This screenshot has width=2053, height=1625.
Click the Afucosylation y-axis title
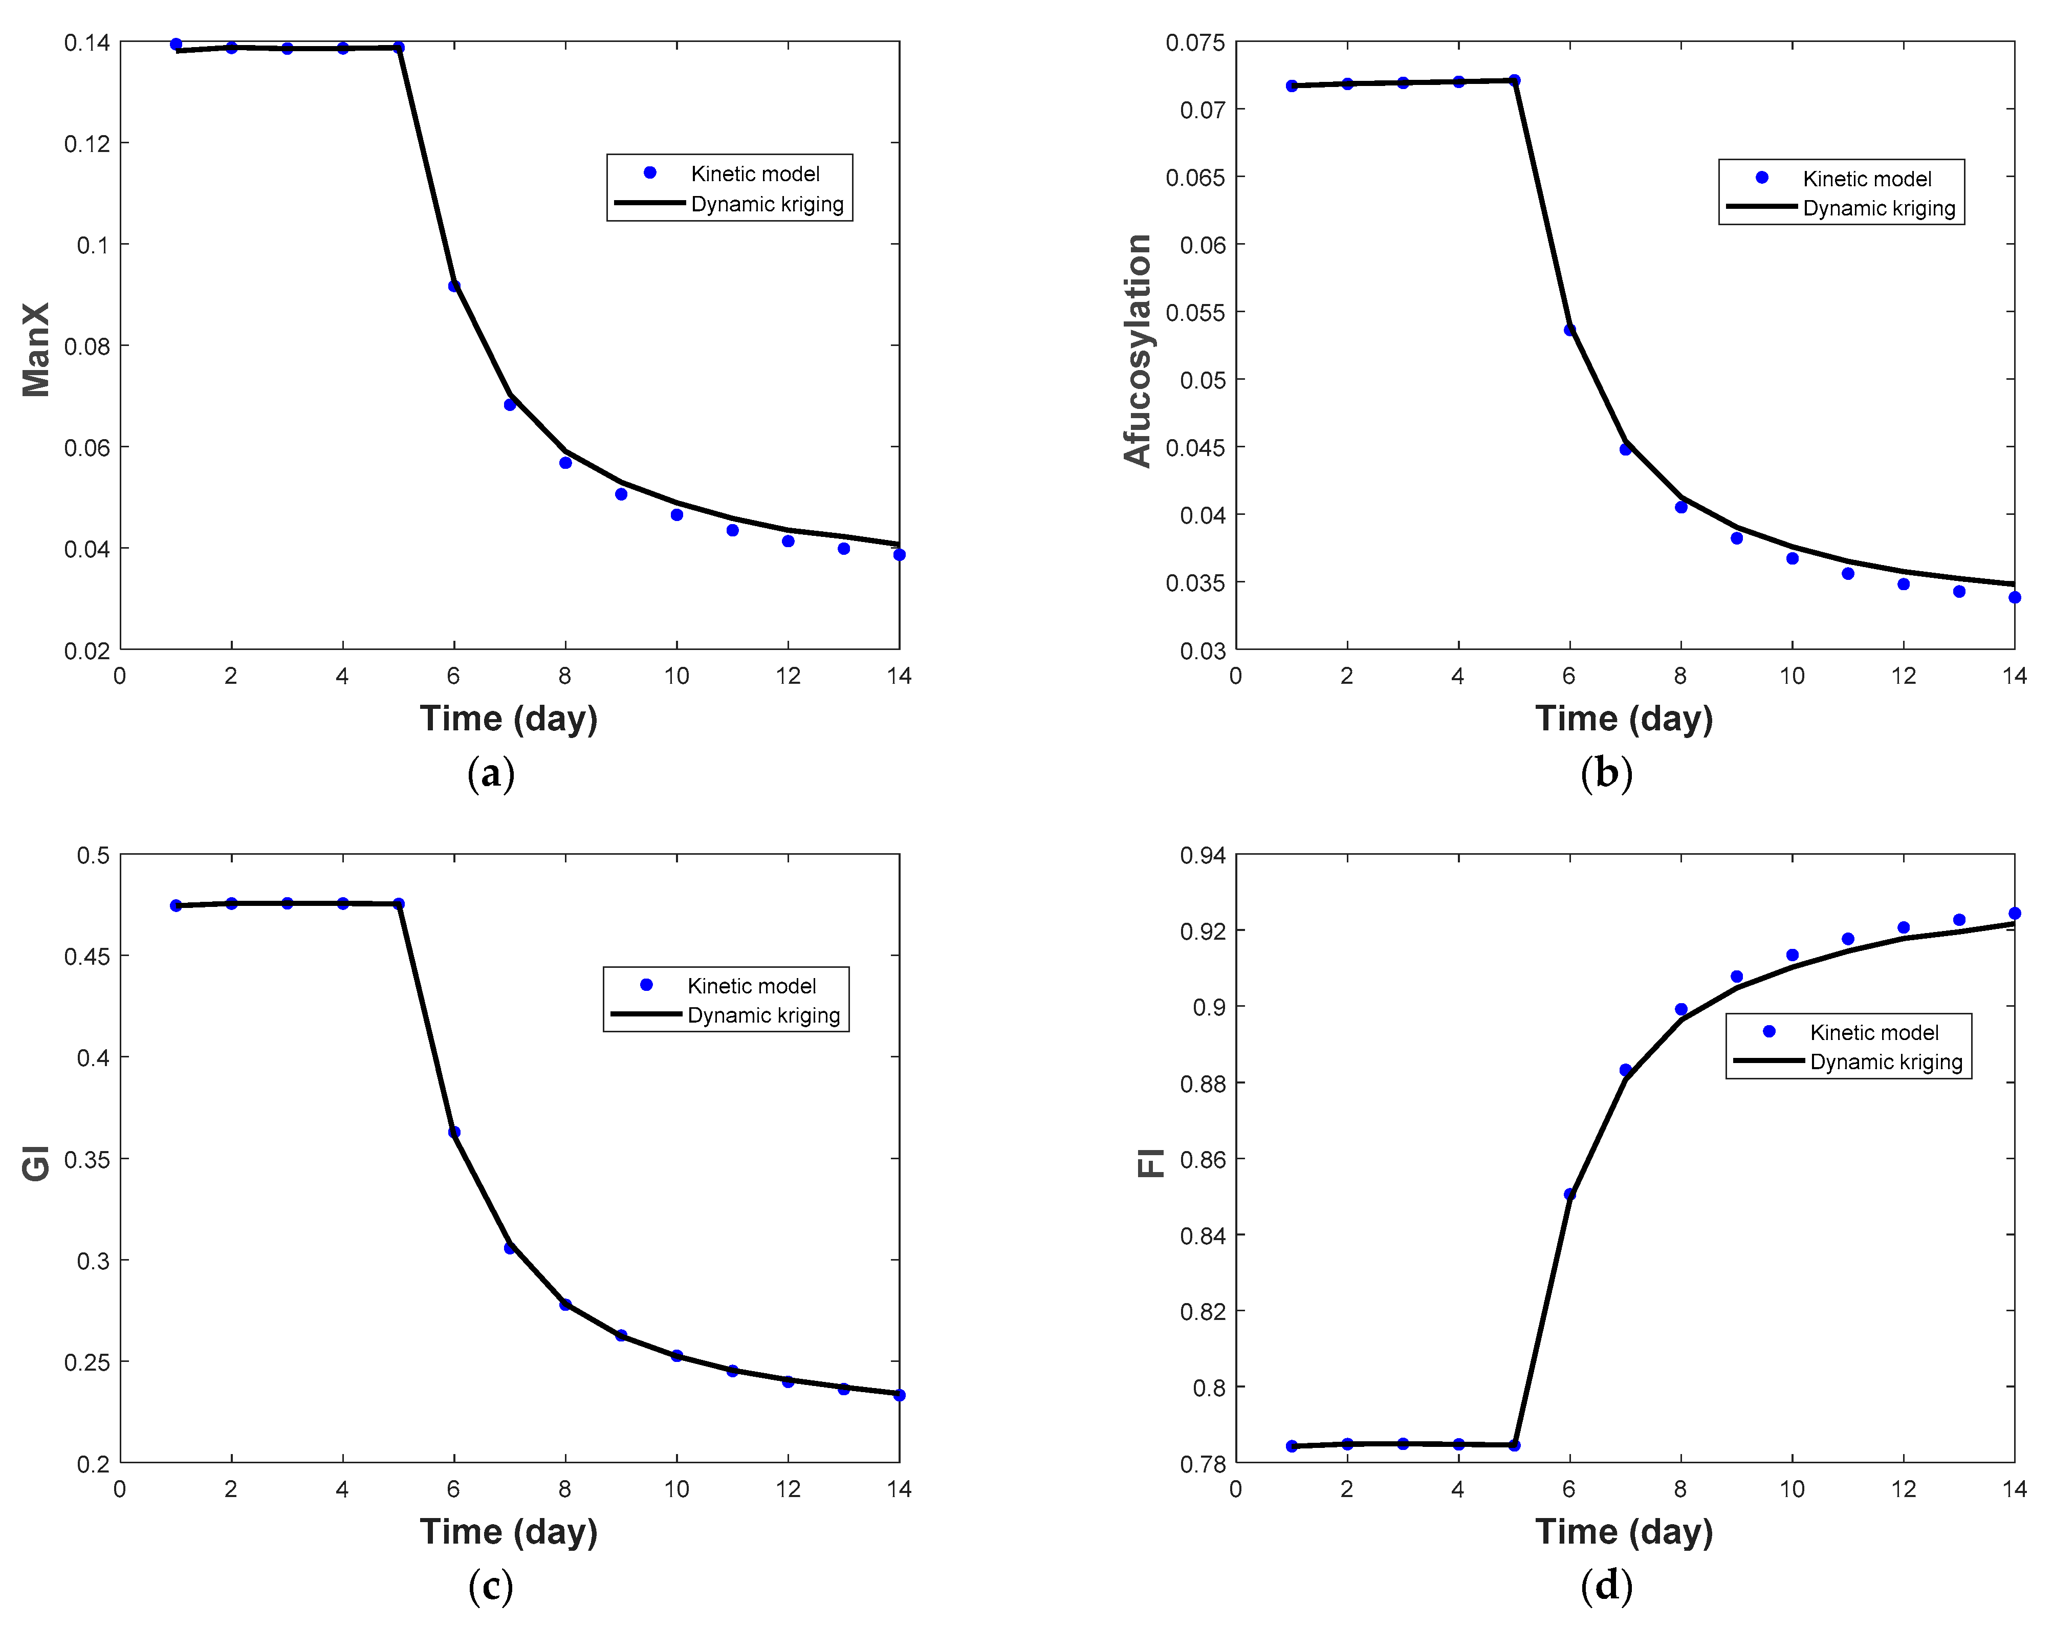1137,350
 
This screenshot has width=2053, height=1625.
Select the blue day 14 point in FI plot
2014,914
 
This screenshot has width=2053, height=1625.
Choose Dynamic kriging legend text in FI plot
1886,1062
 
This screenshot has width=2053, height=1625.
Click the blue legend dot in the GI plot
646,985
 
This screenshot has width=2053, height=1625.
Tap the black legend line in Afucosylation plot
1761,206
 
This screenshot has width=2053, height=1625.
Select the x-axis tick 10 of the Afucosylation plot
1792,677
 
